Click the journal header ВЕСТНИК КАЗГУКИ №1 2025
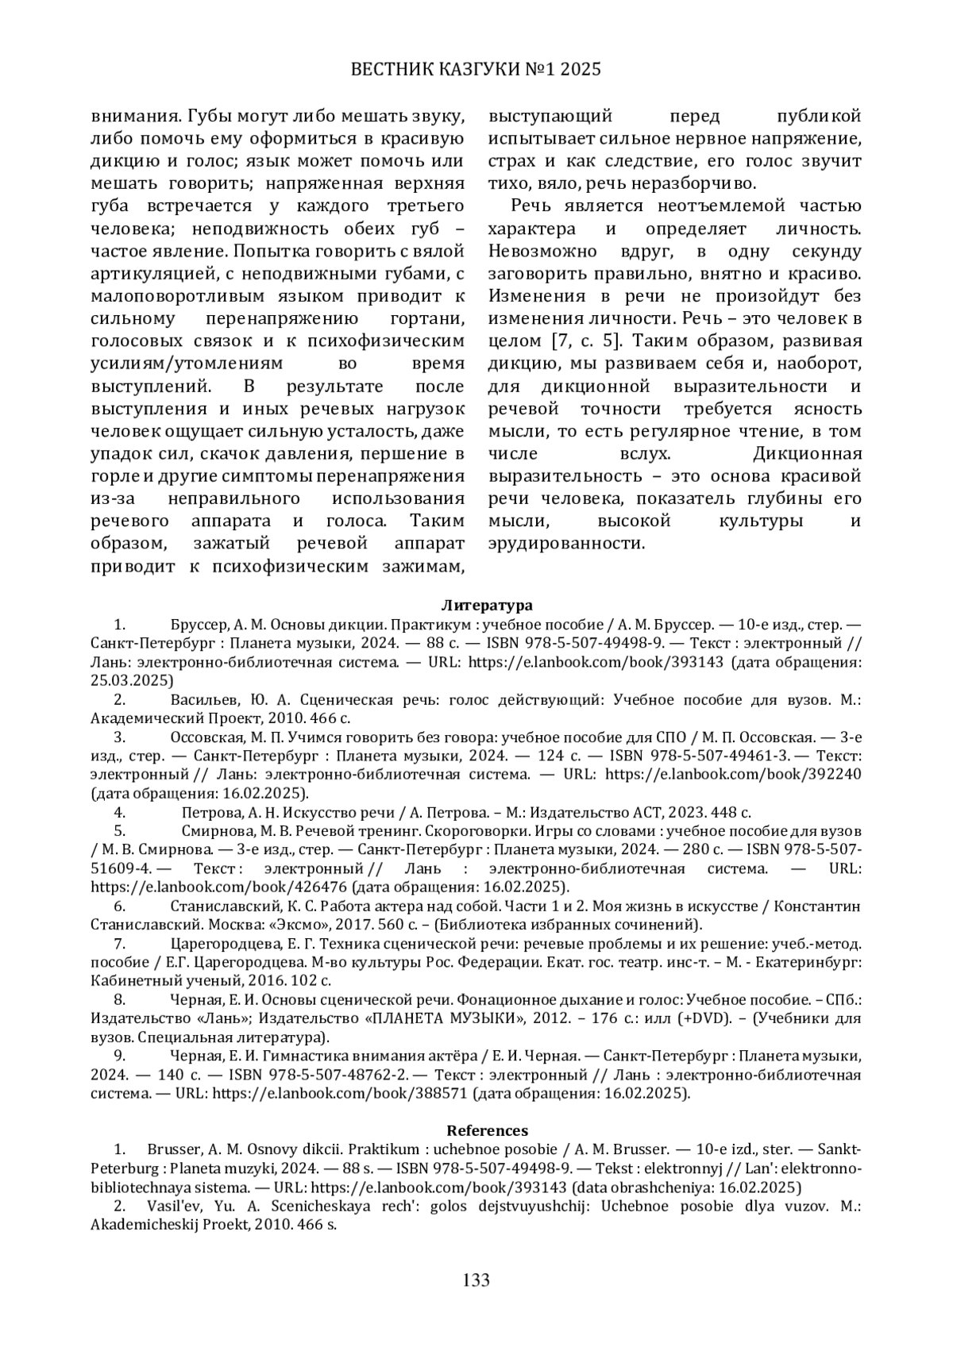click(476, 70)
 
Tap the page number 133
click(476, 1280)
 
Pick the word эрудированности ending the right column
click(566, 544)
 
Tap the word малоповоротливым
click(195, 297)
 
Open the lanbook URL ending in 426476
click(220, 887)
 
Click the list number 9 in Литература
click(120, 1056)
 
